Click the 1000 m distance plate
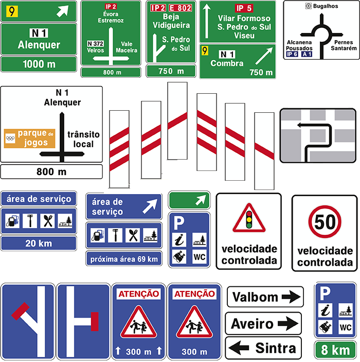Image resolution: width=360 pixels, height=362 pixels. (39, 64)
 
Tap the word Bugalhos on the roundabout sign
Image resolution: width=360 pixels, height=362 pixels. (326, 6)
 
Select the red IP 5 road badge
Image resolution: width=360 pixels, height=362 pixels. (244, 8)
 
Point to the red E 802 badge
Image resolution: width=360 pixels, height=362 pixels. (181, 8)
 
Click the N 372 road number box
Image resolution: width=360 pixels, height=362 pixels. (95, 44)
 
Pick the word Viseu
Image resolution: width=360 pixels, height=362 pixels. (244, 36)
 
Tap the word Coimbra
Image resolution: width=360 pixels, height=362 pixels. (227, 63)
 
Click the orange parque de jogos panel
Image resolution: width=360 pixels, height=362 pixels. (29, 139)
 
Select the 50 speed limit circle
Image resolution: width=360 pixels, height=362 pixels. (325, 221)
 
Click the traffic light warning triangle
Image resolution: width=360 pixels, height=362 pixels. (249, 218)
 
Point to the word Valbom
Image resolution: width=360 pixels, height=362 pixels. (255, 297)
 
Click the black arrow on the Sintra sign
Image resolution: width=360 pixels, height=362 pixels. (239, 348)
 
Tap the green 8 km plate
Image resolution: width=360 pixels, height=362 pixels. (335, 350)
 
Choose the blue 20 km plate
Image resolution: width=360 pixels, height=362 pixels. (39, 244)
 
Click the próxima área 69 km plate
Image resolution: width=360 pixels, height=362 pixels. (124, 259)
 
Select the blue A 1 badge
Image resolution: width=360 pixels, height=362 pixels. (307, 54)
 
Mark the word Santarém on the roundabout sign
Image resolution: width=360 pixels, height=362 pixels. (344, 48)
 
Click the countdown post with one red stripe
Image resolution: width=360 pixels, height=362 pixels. (264, 151)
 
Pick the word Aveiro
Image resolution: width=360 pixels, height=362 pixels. (252, 324)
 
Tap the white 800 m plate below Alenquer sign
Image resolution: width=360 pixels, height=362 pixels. (51, 171)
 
